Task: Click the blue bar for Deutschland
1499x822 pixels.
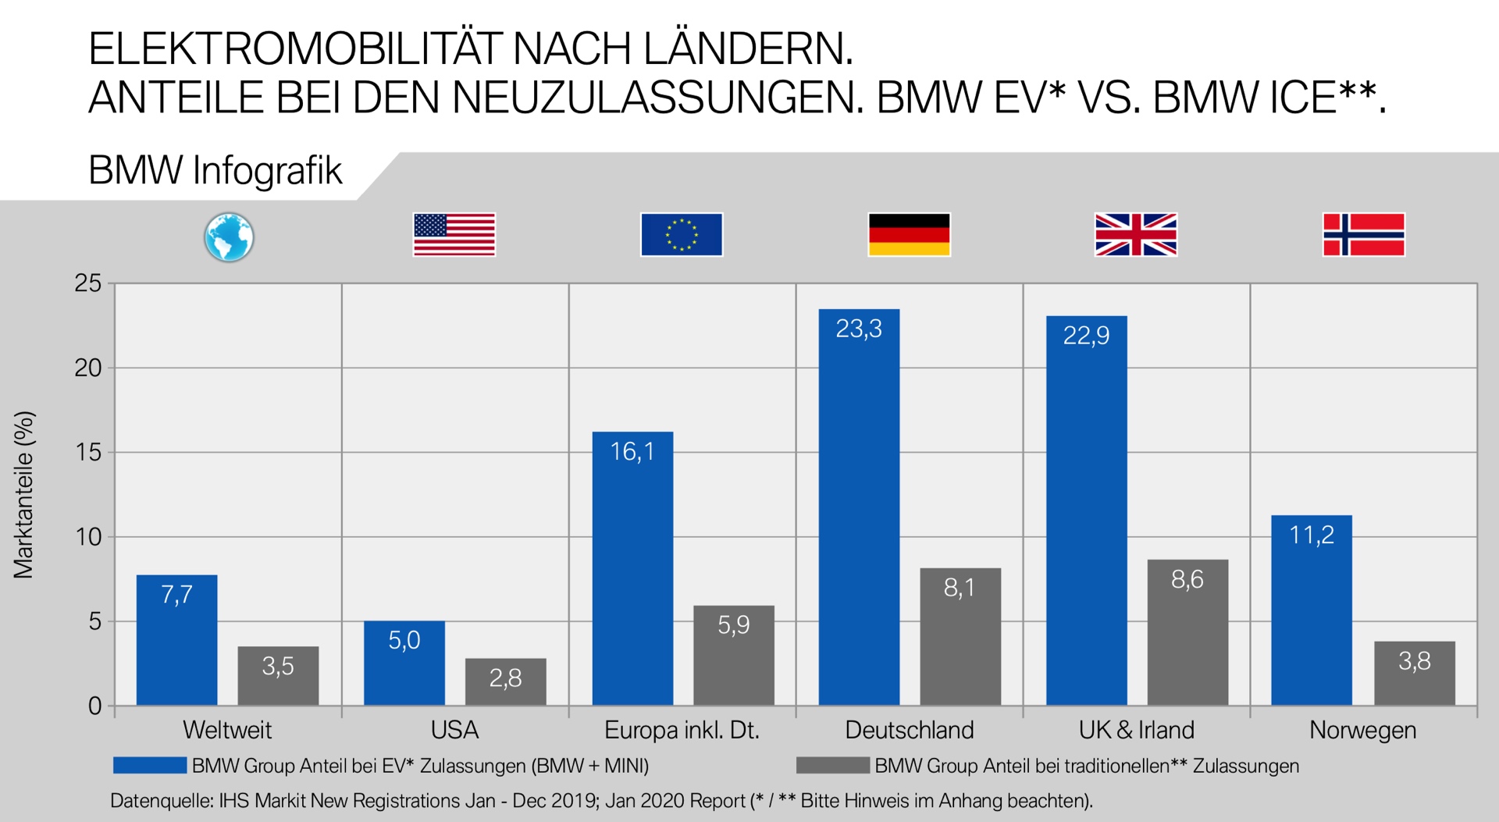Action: point(859,507)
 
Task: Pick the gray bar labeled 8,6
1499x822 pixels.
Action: point(1187,632)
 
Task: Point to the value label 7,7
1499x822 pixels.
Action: point(176,595)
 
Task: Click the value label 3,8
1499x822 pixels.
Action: point(1414,661)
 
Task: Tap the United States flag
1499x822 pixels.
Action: point(454,235)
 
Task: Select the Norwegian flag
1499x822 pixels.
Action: point(1364,235)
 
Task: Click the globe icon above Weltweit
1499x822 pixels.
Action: point(229,237)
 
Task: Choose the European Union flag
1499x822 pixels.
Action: point(682,235)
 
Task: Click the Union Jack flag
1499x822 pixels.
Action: point(1136,235)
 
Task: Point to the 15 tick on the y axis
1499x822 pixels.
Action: point(88,452)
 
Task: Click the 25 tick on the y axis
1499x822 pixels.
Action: point(88,283)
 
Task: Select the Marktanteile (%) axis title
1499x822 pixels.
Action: point(24,495)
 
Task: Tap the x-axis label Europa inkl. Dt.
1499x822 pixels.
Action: point(682,730)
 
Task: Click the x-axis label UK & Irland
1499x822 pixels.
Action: point(1136,730)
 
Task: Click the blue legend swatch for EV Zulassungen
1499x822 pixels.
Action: point(150,765)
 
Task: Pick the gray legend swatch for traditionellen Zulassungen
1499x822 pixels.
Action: point(832,765)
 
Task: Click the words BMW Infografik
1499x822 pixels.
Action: point(215,171)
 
